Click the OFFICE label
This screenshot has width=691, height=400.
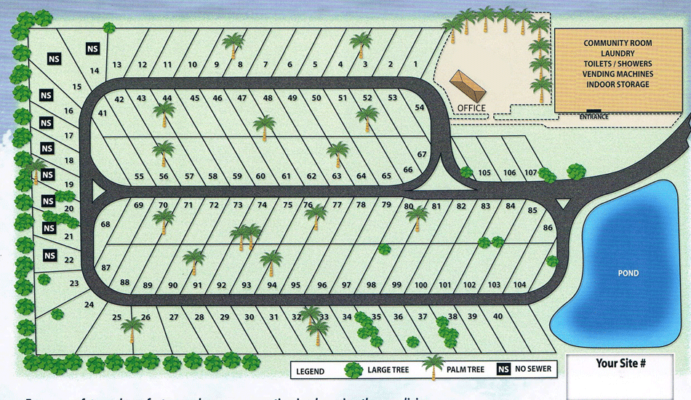click(471, 108)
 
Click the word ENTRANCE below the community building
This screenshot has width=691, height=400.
click(594, 116)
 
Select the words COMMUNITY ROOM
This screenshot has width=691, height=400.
click(618, 44)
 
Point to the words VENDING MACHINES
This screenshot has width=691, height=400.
click(618, 74)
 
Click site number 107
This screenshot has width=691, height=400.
click(531, 172)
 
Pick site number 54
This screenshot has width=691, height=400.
click(420, 108)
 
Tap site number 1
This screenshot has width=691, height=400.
click(415, 65)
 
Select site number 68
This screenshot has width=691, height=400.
click(105, 224)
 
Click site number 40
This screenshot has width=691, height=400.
click(498, 316)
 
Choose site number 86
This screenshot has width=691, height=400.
click(548, 227)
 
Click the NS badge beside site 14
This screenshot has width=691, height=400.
click(92, 49)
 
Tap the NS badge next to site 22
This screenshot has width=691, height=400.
click(49, 255)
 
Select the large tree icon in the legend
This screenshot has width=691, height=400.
click(354, 369)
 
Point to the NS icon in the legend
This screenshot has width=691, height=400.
click(503, 369)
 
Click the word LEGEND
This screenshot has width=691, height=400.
click(311, 371)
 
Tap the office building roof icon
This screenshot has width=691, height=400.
click(467, 87)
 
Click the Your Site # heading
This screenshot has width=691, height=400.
click(620, 363)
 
